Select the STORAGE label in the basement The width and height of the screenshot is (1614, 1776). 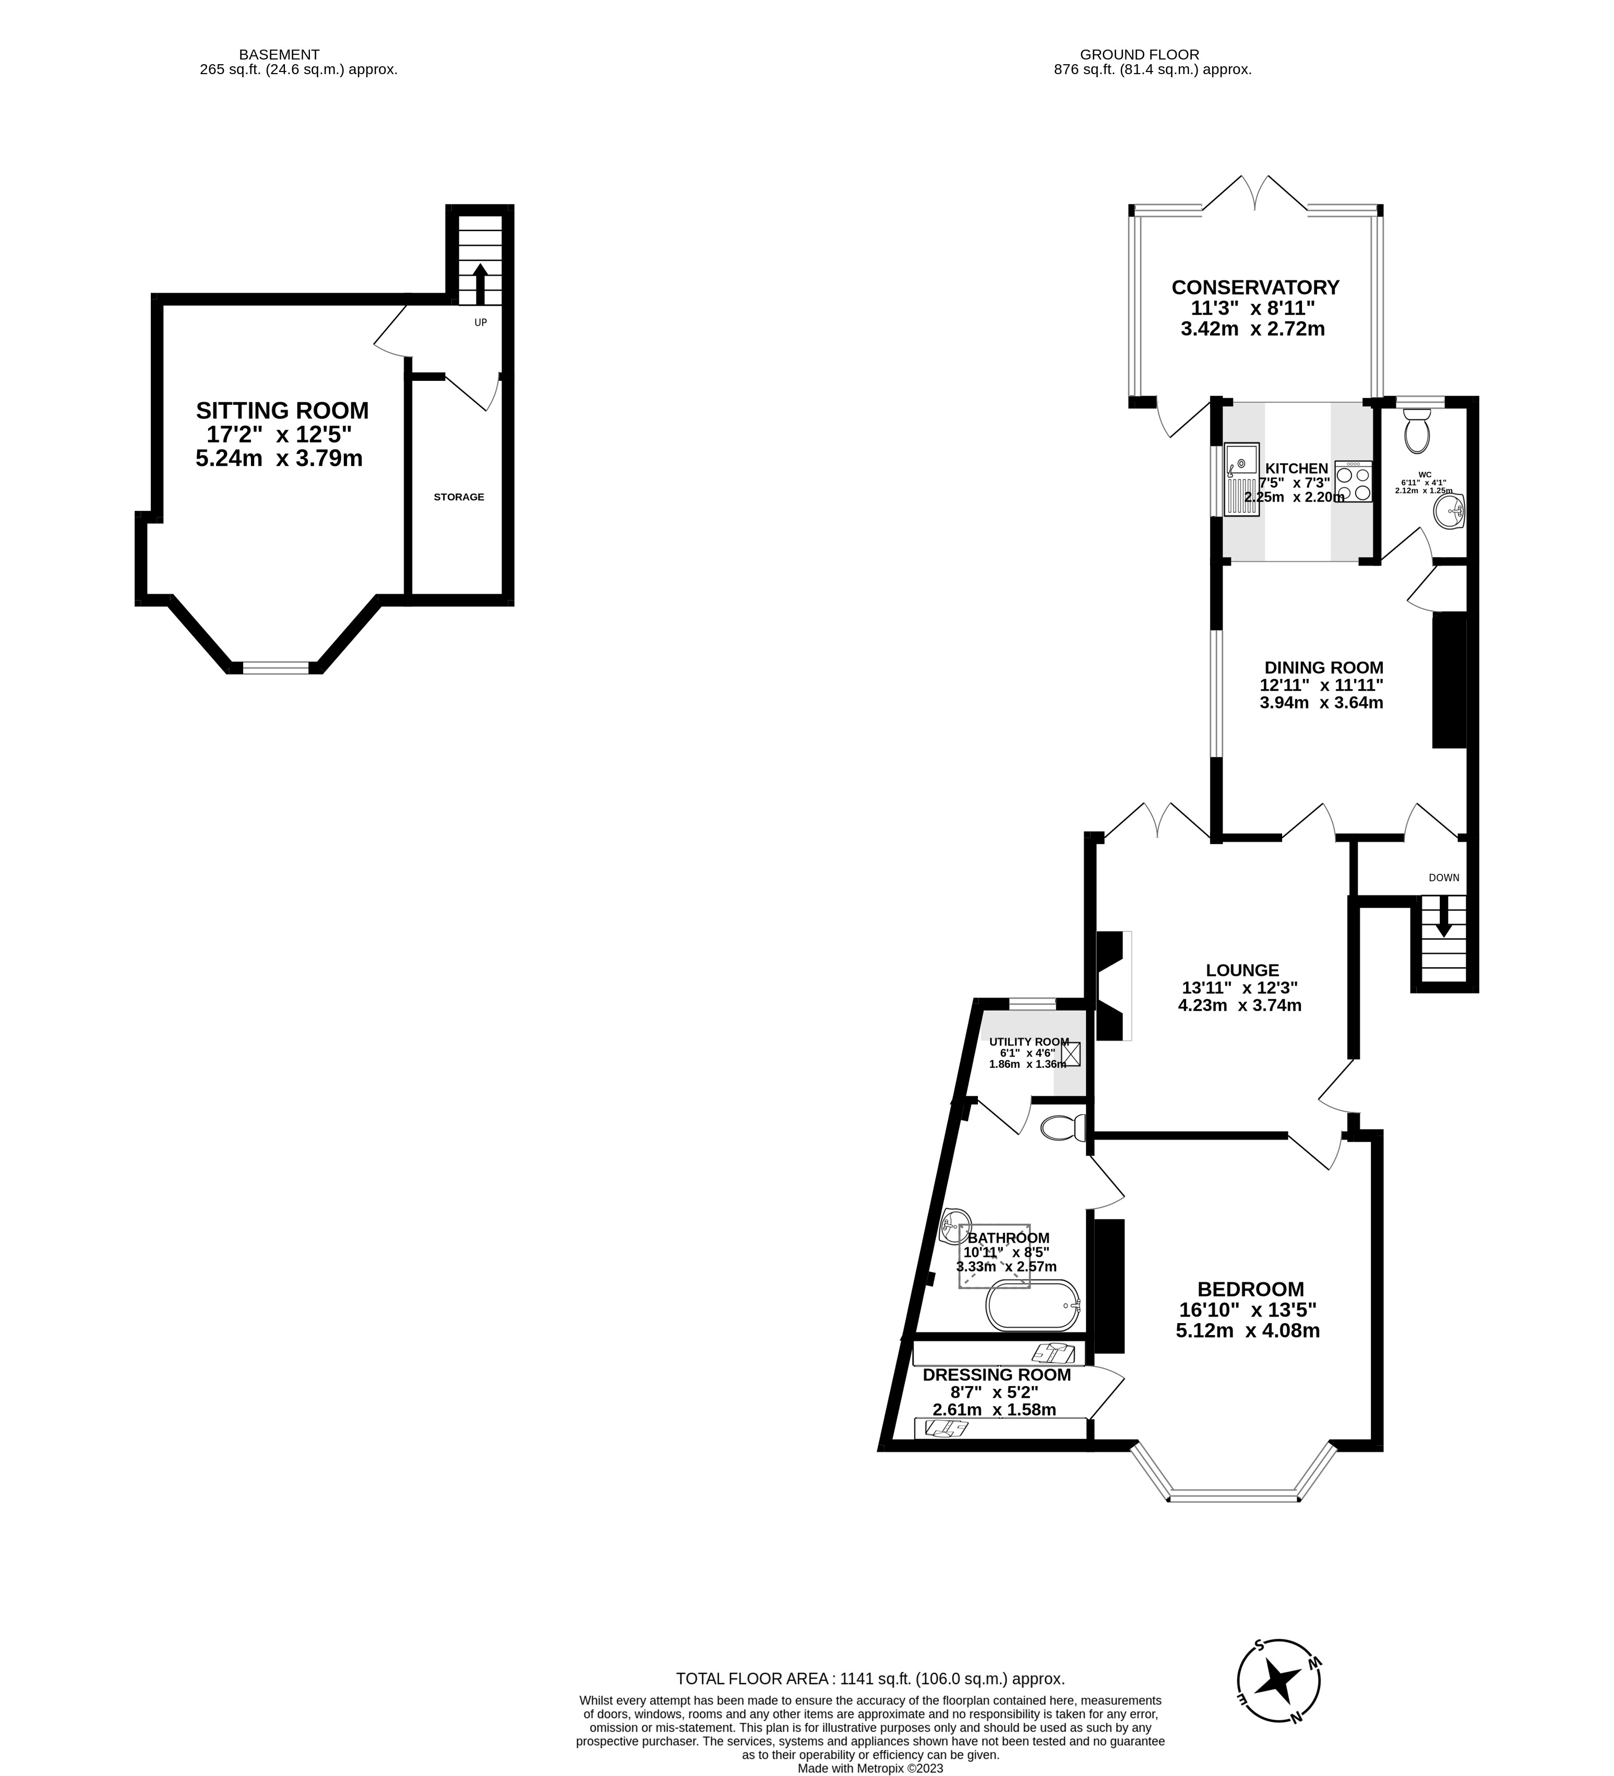tap(458, 497)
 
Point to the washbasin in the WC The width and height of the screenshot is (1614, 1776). tap(1449, 511)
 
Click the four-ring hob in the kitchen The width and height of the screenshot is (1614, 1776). tap(1353, 483)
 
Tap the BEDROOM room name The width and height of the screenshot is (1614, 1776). tap(1250, 1289)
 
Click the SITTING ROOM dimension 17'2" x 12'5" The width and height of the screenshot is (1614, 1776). tap(279, 434)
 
